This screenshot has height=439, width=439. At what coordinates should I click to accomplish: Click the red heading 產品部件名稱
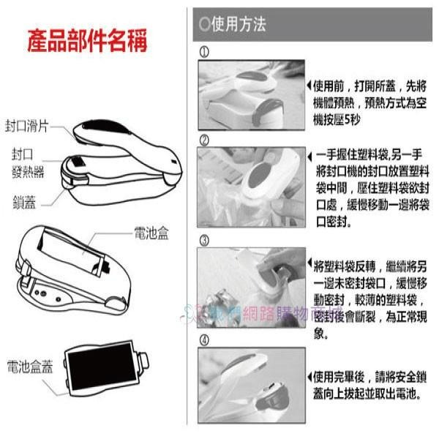click(x=86, y=40)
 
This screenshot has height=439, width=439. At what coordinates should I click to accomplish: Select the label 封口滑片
click(x=27, y=126)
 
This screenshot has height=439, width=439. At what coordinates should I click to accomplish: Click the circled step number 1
click(x=204, y=53)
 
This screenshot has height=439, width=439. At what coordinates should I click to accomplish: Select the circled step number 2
click(x=204, y=140)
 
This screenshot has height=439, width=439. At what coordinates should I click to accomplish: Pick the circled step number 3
click(x=204, y=239)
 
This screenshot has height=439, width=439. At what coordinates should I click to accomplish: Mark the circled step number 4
click(x=204, y=339)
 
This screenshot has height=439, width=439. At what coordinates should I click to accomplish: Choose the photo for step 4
click(x=251, y=386)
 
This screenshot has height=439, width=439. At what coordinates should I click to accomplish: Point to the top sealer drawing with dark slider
click(x=121, y=154)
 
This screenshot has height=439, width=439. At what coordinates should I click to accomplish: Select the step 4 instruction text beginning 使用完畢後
click(x=369, y=386)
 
